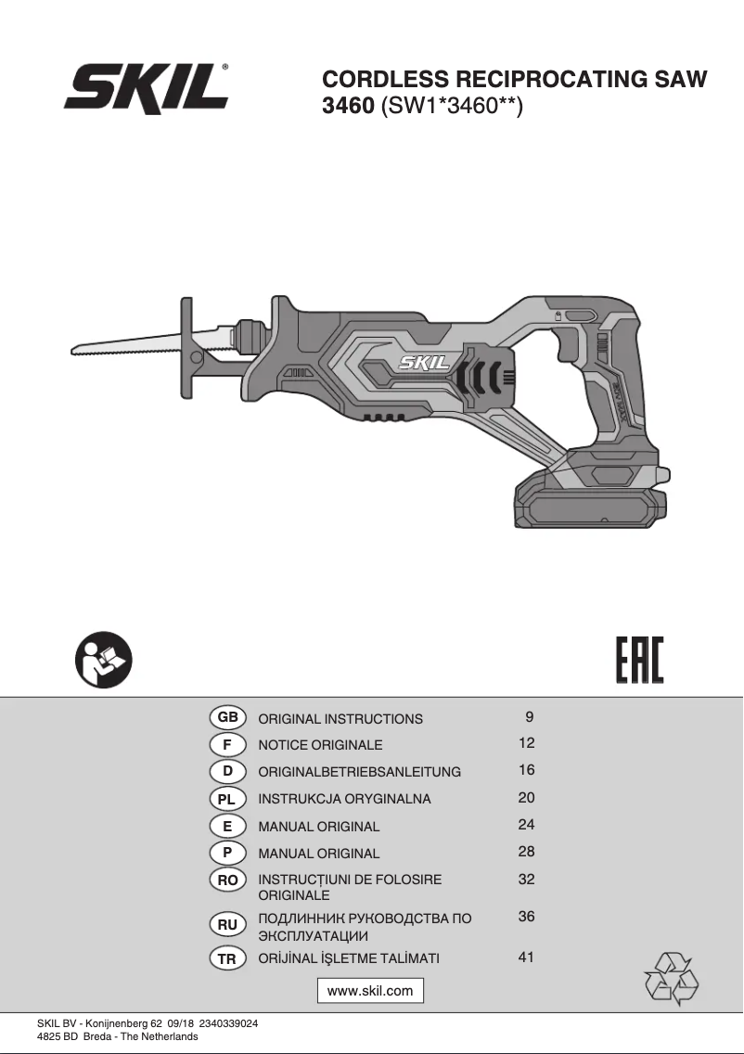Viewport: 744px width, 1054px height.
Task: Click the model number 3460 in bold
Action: [348, 106]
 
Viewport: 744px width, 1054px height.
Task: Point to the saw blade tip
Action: [72, 350]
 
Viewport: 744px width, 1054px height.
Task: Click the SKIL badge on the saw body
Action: [425, 364]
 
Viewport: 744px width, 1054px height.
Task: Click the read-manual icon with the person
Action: [104, 660]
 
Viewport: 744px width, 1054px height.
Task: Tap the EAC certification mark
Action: [639, 660]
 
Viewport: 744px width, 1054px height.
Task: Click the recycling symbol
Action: [670, 979]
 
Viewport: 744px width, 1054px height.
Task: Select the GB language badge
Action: [228, 717]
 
